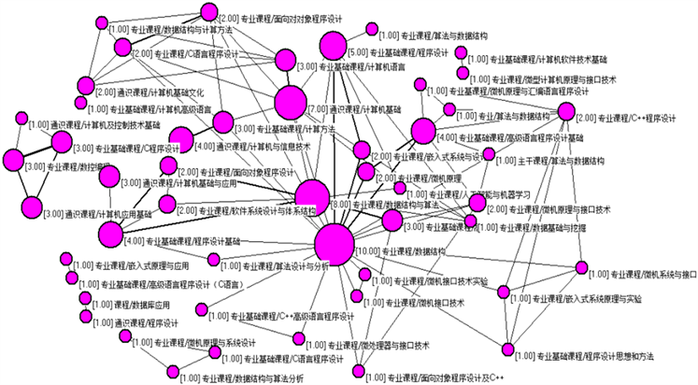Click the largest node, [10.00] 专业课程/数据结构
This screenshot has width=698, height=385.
coord(335,245)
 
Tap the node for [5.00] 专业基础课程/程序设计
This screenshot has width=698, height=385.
coord(334,46)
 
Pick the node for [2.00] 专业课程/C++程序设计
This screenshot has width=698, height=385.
coord(565,112)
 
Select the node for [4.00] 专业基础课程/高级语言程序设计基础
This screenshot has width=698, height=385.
coord(423,132)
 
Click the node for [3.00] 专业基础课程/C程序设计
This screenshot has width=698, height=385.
coord(62,142)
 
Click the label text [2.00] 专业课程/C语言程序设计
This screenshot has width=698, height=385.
coord(184,54)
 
